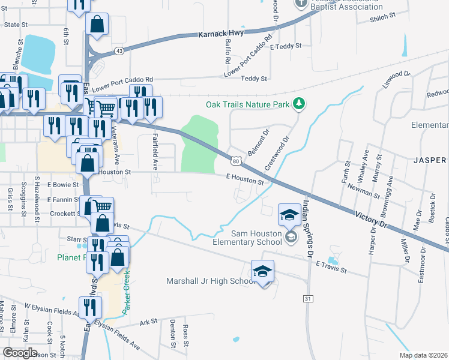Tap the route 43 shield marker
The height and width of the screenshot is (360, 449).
click(120, 51)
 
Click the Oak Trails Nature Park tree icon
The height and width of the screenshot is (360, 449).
click(298, 105)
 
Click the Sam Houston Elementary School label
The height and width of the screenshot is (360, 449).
click(247, 238)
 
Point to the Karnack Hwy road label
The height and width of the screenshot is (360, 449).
click(221, 34)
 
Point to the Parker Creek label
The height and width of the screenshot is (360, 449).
click(127, 288)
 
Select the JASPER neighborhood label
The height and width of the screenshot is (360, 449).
click(429, 160)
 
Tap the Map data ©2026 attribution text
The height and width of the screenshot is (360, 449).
click(423, 355)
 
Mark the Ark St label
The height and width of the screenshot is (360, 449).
click(148, 322)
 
